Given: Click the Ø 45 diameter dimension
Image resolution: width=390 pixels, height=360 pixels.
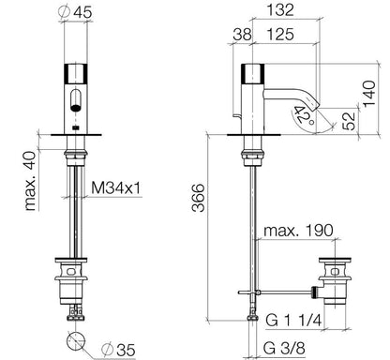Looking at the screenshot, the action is click(75, 11).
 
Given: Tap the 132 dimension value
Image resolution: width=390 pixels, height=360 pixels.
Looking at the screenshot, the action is click(280, 9).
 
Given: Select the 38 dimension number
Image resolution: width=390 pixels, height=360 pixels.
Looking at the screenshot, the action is click(242, 34).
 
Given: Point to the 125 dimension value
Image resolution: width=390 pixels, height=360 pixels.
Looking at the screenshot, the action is click(280, 34).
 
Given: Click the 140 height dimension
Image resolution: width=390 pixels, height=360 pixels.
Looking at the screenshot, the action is click(368, 94).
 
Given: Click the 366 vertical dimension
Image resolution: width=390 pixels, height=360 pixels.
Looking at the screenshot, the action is click(198, 198).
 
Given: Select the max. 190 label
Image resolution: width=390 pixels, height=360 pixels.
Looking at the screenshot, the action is click(298, 231).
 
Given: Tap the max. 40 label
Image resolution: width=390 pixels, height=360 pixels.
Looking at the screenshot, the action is click(30, 181).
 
